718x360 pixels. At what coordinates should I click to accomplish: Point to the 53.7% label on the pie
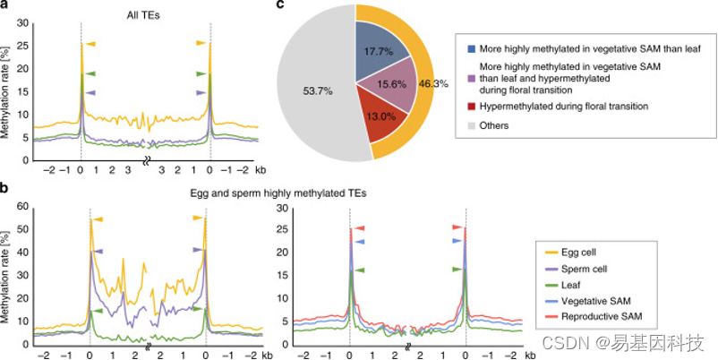pyautogui.click(x=315, y=90)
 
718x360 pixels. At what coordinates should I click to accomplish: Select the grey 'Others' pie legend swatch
pyautogui.click(x=471, y=125)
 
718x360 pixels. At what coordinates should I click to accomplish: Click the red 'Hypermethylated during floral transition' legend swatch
pyautogui.click(x=471, y=106)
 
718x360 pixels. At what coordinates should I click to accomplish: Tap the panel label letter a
pyautogui.click(x=5, y=6)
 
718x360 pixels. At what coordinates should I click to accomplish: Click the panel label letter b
pyautogui.click(x=5, y=189)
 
